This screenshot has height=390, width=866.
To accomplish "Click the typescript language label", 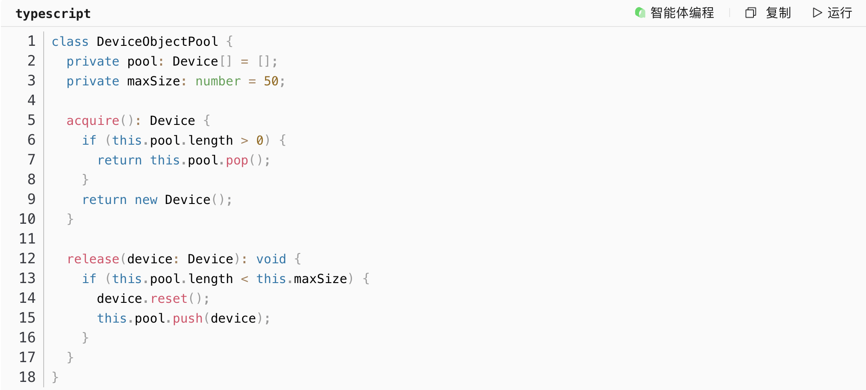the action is (x=53, y=13).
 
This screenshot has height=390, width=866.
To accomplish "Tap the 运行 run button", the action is (x=832, y=13).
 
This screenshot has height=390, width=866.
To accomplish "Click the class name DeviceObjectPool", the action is (x=157, y=42).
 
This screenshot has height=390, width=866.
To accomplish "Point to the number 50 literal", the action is (x=271, y=81).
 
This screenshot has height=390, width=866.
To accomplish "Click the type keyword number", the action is (x=218, y=81).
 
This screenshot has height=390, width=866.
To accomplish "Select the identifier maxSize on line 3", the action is (x=153, y=81).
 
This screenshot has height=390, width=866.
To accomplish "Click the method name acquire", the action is (x=93, y=121).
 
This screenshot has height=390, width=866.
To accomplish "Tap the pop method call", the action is (x=237, y=160).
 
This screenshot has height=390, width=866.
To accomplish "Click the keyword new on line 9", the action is (x=146, y=200).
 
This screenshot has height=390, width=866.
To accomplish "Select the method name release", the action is (x=93, y=259).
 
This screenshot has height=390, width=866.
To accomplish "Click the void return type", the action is (x=271, y=259).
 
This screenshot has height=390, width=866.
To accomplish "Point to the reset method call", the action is (x=169, y=299).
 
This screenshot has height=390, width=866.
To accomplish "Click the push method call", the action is (x=187, y=319).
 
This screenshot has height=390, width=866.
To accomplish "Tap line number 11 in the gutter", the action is (x=27, y=239).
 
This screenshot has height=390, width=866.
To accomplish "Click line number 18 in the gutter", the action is (x=27, y=377).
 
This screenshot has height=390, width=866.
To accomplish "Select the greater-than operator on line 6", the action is (x=244, y=141).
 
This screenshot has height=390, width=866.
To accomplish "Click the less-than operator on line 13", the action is (x=244, y=279).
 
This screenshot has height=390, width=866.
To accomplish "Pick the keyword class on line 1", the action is (x=70, y=42).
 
